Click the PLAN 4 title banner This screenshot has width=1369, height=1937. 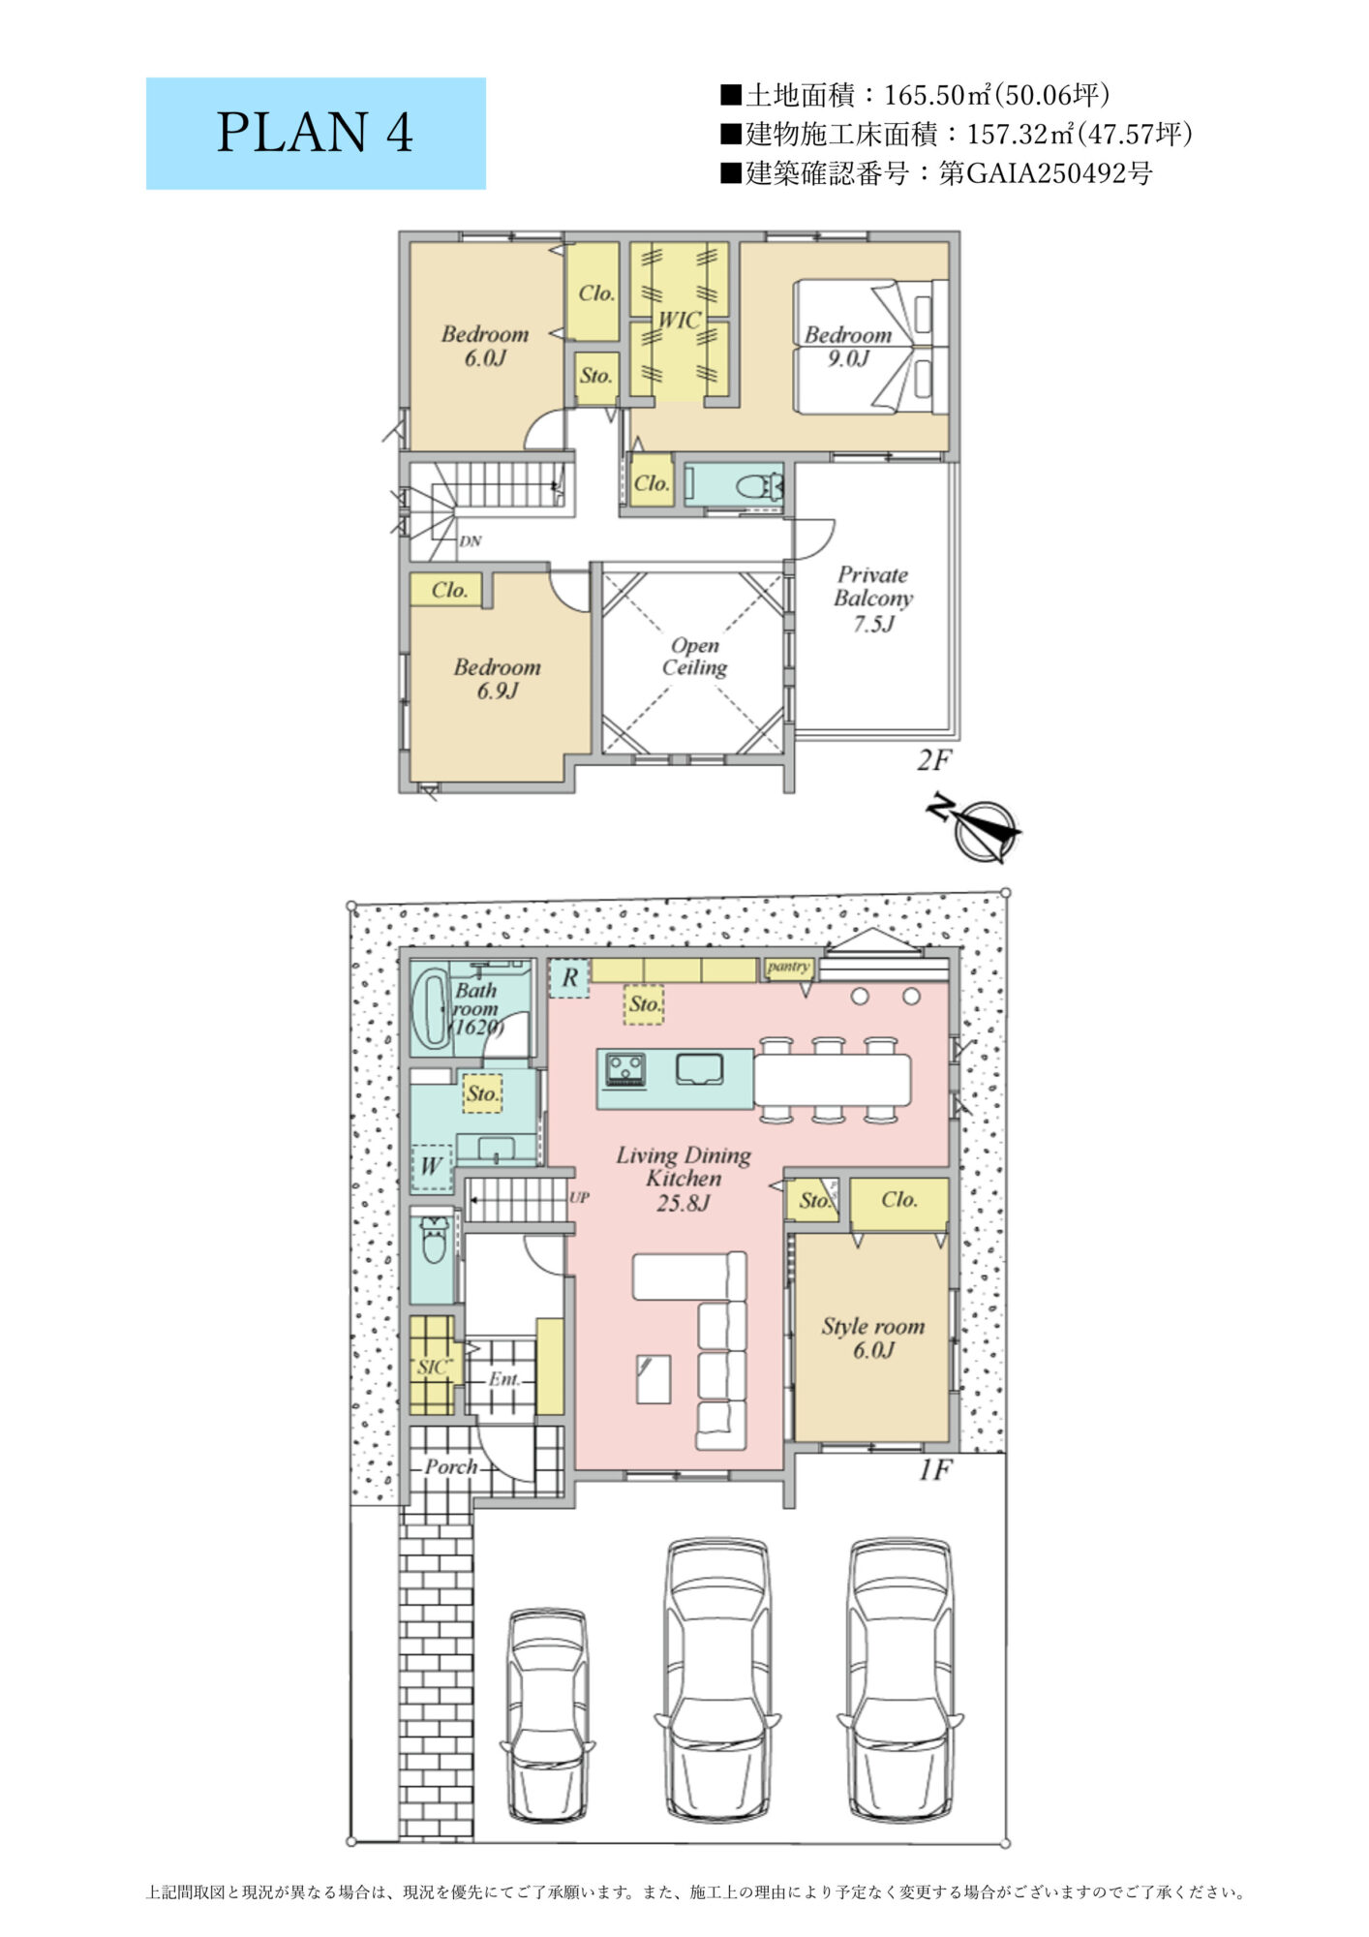316,133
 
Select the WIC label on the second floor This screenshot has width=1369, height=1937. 679,320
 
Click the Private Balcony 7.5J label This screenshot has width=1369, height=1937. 873,599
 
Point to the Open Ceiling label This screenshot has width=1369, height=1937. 694,657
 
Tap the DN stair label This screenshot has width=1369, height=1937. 471,541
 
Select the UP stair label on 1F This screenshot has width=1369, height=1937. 579,1197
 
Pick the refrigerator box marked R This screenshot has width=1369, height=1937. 569,978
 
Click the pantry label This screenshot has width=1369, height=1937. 788,967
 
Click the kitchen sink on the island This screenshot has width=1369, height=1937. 699,1069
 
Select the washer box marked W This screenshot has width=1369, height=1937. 431,1165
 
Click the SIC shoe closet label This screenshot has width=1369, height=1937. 433,1367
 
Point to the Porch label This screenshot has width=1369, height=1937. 451,1467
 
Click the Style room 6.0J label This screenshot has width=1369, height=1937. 873,1337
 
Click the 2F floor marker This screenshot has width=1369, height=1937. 933,760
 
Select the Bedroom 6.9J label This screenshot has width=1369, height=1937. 498,678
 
